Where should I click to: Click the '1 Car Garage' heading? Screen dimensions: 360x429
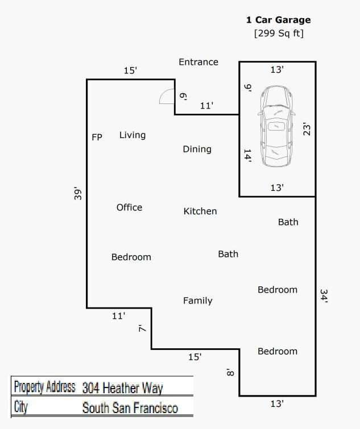[279, 20]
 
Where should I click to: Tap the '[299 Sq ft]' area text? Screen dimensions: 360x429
[279, 34]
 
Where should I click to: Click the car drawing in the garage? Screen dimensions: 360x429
[276, 126]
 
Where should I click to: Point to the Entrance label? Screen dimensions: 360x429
[198, 62]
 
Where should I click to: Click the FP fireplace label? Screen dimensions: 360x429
[97, 137]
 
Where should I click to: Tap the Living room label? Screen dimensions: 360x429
[133, 135]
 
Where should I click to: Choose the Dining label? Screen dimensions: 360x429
[197, 149]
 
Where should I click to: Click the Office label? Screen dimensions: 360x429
[129, 207]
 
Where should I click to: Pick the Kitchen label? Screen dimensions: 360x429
[200, 211]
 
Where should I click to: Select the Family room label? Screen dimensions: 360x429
[198, 301]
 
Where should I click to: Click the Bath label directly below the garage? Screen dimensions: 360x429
[288, 222]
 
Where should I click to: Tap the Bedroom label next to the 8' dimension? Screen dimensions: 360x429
[278, 351]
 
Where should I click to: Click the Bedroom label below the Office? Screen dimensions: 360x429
[131, 257]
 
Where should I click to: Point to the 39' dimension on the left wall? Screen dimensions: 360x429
[78, 194]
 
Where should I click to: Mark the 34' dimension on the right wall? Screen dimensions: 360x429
[324, 296]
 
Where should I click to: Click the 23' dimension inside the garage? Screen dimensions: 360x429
[307, 130]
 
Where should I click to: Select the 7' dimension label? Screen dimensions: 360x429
[142, 328]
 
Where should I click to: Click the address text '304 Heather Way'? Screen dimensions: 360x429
[122, 388]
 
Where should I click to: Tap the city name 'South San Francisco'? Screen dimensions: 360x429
[130, 407]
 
